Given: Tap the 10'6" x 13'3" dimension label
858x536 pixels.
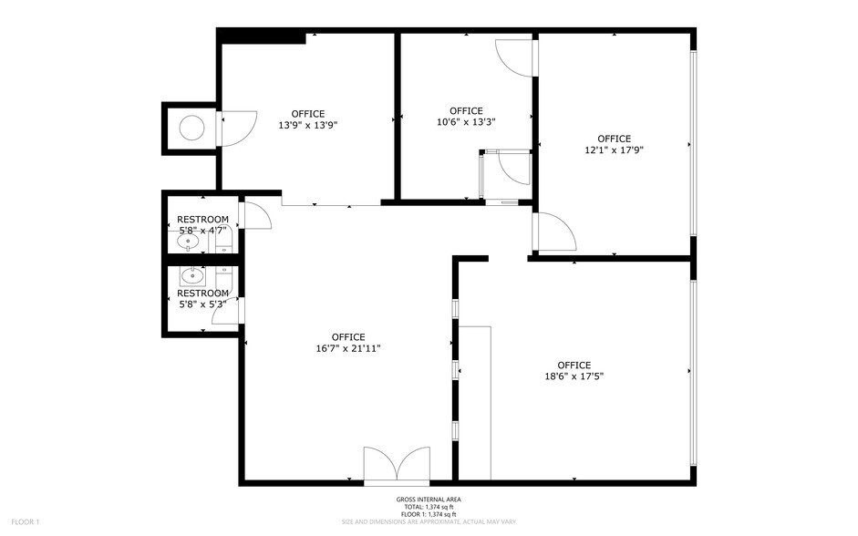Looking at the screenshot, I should [466, 121].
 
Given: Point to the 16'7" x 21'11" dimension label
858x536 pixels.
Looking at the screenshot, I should [348, 347].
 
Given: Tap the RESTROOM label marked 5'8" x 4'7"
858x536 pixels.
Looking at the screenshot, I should [202, 231].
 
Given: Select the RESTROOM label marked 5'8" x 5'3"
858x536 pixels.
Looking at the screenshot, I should [202, 304].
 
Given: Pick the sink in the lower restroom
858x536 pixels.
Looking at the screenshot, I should [191, 275].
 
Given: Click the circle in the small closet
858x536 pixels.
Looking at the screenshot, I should [191, 129].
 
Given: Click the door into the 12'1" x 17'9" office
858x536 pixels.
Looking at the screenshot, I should [553, 232].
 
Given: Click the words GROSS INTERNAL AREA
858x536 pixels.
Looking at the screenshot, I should [428, 500].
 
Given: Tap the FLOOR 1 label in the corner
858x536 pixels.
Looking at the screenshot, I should [25, 521].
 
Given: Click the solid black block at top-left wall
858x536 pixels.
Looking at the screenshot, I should [264, 36].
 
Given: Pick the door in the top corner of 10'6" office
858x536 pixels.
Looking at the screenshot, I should [515, 57].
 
